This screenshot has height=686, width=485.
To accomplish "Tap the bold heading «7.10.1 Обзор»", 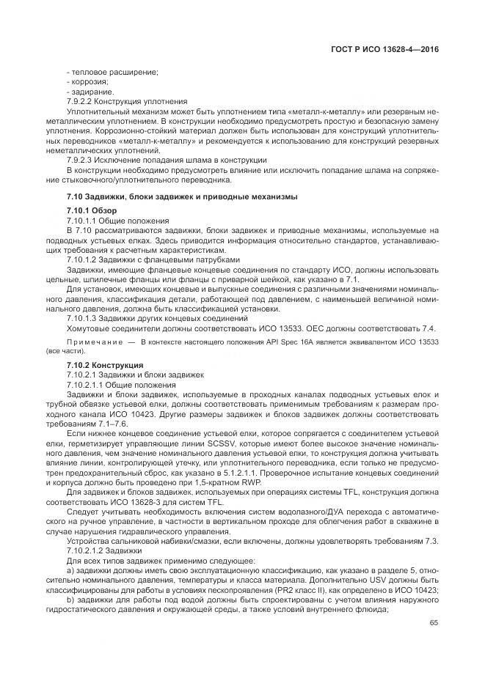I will coord(92,210).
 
